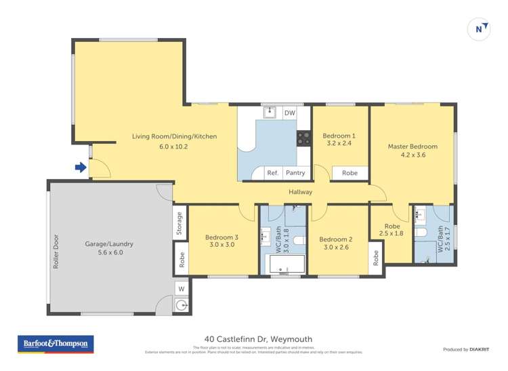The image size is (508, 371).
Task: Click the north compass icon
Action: pyautogui.click(x=480, y=28)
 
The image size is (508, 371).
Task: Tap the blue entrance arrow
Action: pyautogui.click(x=80, y=168)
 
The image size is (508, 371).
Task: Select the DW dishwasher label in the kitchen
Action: pyautogui.click(x=289, y=113)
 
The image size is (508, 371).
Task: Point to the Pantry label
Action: pyautogui.click(x=295, y=173)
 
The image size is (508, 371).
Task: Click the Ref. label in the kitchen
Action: pyautogui.click(x=272, y=173)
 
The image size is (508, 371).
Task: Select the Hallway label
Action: pyautogui.click(x=301, y=192)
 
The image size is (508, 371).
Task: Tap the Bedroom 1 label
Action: pyautogui.click(x=339, y=139)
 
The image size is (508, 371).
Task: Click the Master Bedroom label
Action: pyautogui.click(x=412, y=150)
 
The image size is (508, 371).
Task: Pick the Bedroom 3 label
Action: pyautogui.click(x=219, y=241)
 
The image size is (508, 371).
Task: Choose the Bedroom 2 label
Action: pyautogui.click(x=336, y=243)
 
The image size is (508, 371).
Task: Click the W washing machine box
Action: pyautogui.click(x=181, y=289)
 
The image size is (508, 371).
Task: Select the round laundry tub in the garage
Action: pyautogui.click(x=182, y=305)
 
